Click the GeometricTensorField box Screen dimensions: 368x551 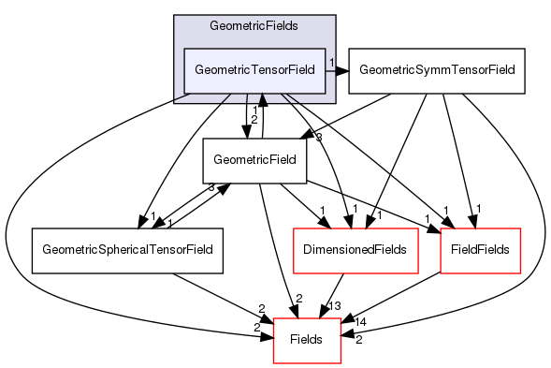(x=254, y=70)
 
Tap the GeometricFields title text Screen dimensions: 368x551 (x=254, y=26)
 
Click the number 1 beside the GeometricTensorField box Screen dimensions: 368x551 (x=332, y=63)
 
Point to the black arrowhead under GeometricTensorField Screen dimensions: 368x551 (x=263, y=98)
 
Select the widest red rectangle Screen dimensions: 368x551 (x=355, y=250)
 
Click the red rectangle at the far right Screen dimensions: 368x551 (x=480, y=250)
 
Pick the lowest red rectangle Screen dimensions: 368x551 (x=307, y=341)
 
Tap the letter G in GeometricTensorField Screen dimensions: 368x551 (x=199, y=70)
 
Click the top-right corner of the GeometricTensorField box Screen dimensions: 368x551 (x=325, y=48)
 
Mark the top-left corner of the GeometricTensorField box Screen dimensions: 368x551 (x=183, y=48)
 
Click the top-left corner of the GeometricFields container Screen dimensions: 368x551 (x=174, y=15)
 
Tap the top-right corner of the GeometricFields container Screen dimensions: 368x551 (x=335, y=15)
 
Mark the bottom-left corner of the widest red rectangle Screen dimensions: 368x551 (x=294, y=272)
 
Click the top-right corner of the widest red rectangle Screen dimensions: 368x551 (x=417, y=228)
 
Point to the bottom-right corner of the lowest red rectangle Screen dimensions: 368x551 (x=341, y=363)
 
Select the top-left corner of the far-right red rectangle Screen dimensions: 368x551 (x=440, y=228)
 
